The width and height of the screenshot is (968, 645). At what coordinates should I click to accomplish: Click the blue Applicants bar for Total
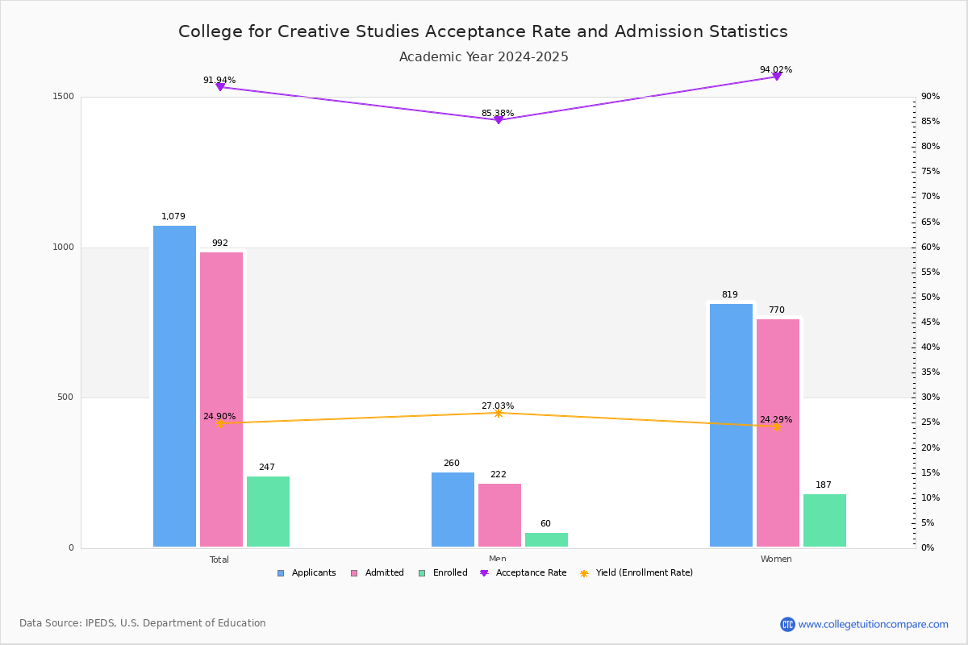click(174, 387)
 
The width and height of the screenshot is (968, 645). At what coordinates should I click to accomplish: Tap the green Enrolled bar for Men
click(546, 540)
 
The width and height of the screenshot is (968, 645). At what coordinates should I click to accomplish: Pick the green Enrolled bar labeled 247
click(268, 512)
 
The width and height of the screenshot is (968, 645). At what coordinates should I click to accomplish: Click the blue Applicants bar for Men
click(453, 510)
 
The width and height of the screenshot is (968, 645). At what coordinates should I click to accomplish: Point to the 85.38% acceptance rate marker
click(499, 119)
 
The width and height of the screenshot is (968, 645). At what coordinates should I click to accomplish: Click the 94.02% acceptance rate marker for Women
click(777, 77)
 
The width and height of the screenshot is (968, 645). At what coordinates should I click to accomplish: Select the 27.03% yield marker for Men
click(499, 413)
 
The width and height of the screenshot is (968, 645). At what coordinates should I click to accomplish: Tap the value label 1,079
click(173, 216)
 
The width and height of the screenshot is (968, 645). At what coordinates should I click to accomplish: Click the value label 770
click(776, 310)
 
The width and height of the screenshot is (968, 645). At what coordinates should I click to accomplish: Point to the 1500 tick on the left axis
click(65, 97)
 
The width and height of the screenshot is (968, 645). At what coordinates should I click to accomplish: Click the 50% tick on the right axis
click(930, 298)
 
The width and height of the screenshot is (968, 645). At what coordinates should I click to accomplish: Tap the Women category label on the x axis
click(776, 560)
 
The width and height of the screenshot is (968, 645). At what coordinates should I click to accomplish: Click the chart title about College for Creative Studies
click(482, 31)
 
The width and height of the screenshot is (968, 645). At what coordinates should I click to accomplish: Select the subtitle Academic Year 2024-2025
click(483, 57)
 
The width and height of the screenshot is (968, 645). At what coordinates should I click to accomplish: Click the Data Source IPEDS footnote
click(143, 623)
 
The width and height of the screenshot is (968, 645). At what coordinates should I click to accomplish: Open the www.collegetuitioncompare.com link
click(873, 624)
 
